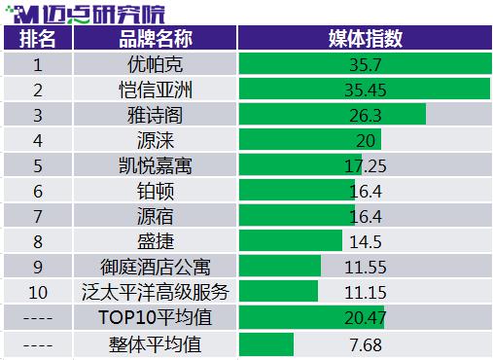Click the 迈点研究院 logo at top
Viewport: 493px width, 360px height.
tap(86, 14)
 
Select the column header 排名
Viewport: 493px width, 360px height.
tap(38, 39)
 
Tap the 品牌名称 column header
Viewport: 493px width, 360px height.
tap(156, 39)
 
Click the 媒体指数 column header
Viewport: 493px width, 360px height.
tap(366, 39)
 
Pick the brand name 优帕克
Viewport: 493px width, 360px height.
tap(156, 64)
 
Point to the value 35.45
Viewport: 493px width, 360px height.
tap(366, 90)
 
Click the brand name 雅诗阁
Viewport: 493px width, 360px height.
tap(156, 115)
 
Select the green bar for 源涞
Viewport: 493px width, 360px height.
tap(310, 140)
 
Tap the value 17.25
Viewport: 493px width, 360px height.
tap(366, 166)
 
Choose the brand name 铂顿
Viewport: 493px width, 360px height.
tap(156, 191)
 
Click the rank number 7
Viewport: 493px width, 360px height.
tap(38, 217)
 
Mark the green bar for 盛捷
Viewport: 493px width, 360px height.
tap(291, 240)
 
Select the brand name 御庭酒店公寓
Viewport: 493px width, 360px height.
tap(156, 267)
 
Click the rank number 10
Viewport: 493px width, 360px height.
tap(38, 292)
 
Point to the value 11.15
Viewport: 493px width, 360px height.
tap(366, 292)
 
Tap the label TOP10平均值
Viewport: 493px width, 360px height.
tap(156, 317)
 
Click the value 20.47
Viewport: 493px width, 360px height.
tap(366, 318)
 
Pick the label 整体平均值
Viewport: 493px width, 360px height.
tap(156, 344)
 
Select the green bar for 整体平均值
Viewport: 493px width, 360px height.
tap(266, 344)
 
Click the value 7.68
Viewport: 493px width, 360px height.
tap(366, 344)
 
